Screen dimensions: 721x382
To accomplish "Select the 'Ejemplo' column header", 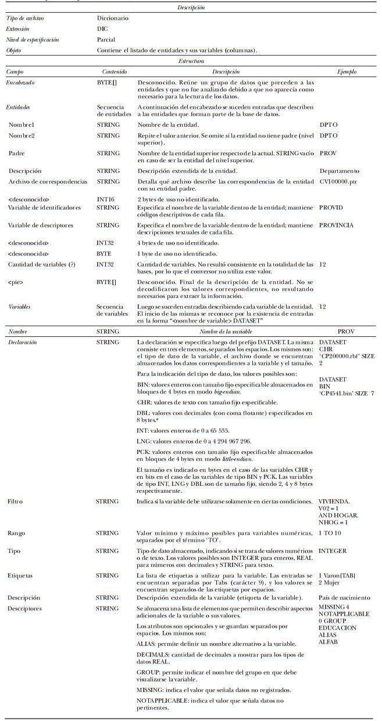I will click(x=347, y=72).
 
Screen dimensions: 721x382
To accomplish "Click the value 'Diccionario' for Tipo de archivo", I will click(x=113, y=18).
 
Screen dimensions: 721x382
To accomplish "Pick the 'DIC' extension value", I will click(x=102, y=29).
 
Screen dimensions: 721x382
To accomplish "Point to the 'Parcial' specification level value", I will click(x=106, y=40).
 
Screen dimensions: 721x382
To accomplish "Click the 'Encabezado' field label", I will click(x=20, y=83).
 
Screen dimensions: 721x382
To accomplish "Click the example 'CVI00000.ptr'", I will click(x=338, y=182).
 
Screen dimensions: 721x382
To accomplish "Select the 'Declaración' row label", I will click(x=23, y=342).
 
